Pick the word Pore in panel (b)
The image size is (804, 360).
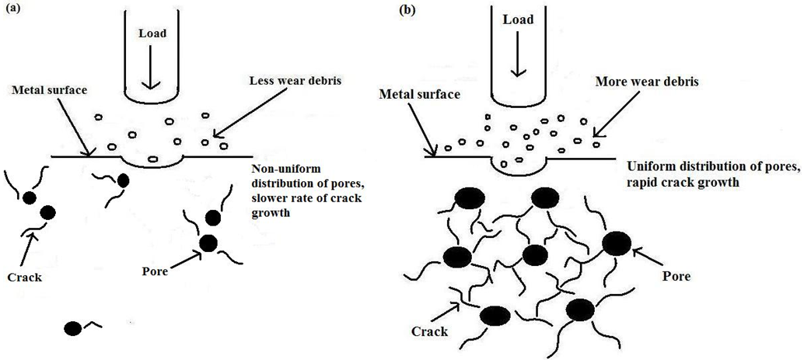click(674, 275)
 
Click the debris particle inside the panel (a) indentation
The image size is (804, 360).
click(153, 160)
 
